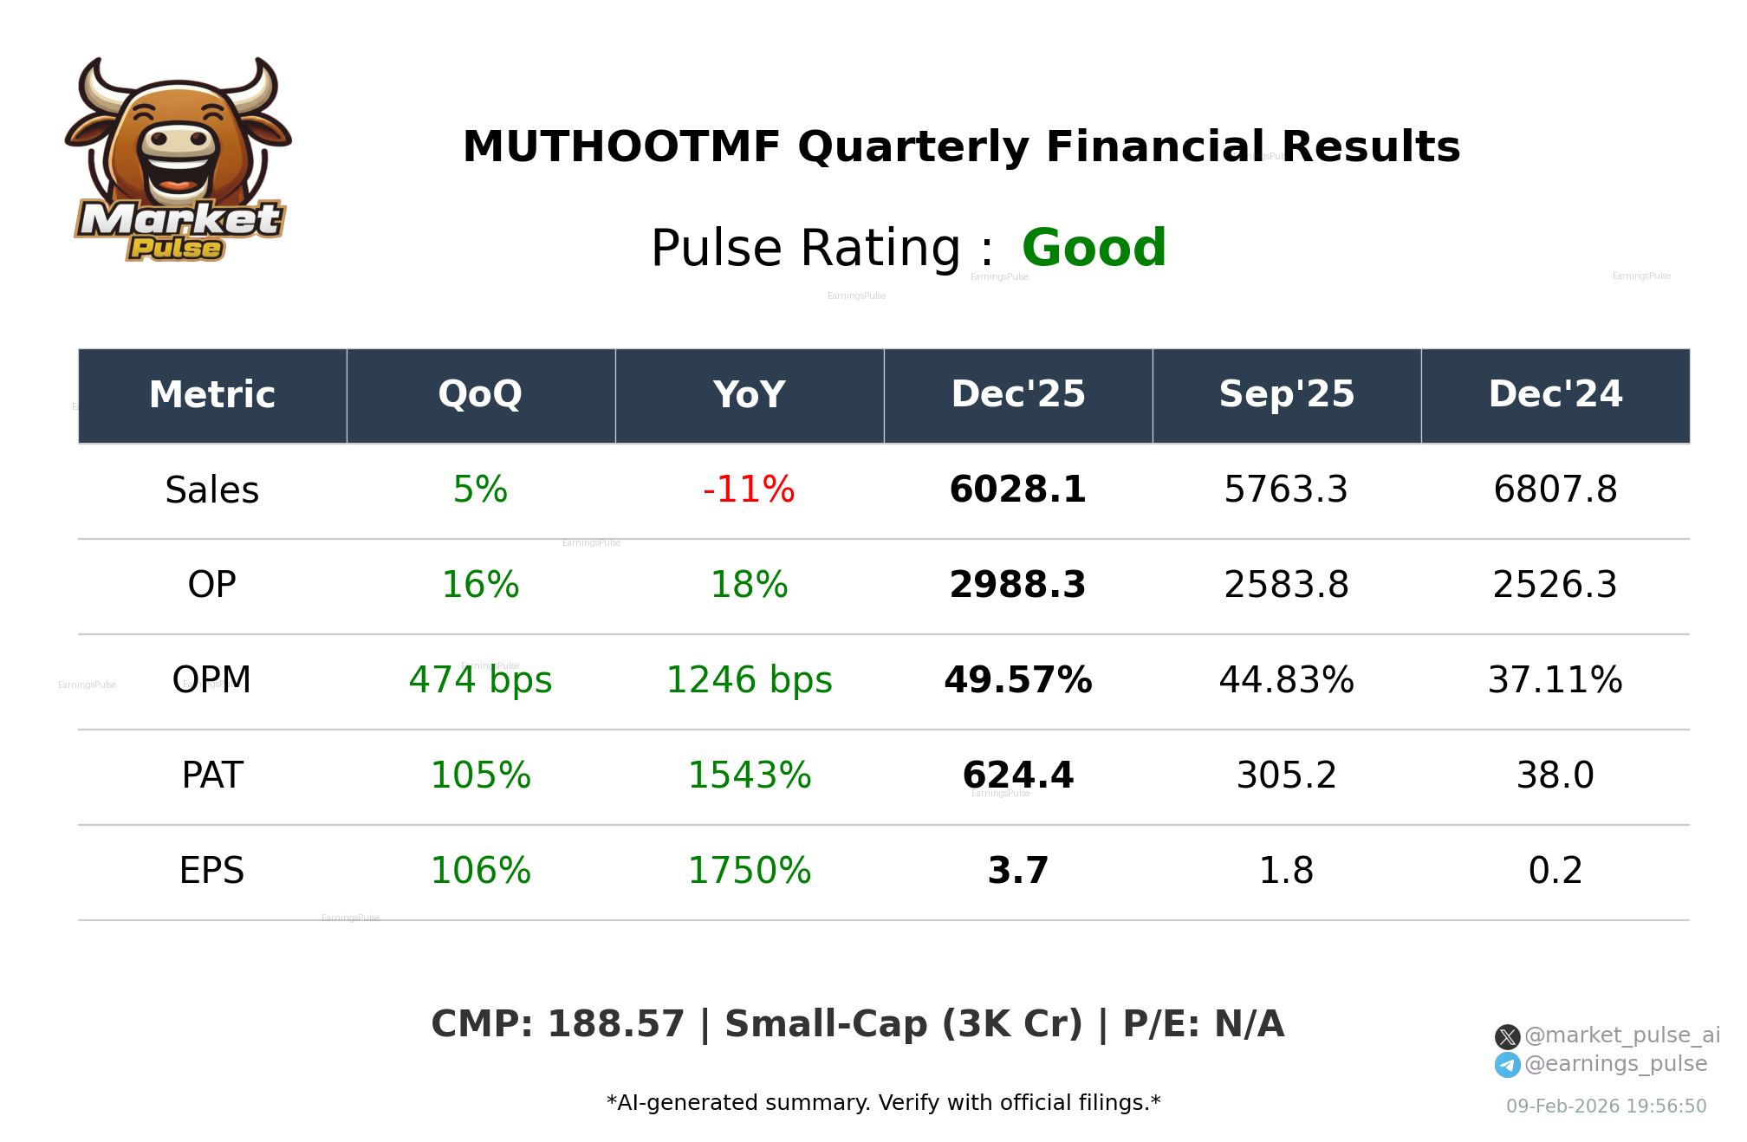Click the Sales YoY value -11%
749,490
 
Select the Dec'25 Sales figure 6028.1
1017,490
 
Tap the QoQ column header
480,395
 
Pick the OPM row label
211,680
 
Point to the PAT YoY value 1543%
749,775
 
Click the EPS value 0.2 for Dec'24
1555,871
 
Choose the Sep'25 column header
1286,395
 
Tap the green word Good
1094,248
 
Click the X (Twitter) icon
1507,1036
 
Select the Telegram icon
1507,1065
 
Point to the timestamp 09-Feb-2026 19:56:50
1606,1106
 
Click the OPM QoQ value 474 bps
480,680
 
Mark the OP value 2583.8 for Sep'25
1286,585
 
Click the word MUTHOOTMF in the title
621,147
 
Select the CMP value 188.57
615,1024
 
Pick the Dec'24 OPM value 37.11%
1555,680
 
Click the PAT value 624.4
1017,775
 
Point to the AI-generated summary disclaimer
883,1103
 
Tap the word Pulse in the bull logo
176,249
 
